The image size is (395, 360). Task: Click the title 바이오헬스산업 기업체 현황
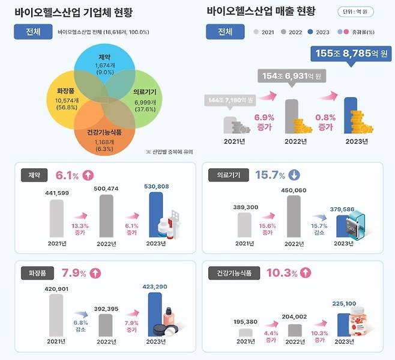[x=73, y=12]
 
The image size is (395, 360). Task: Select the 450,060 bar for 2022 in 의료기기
[x=294, y=216]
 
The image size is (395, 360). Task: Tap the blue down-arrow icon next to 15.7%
[x=294, y=175]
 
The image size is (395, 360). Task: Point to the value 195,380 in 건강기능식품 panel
[x=245, y=321]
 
